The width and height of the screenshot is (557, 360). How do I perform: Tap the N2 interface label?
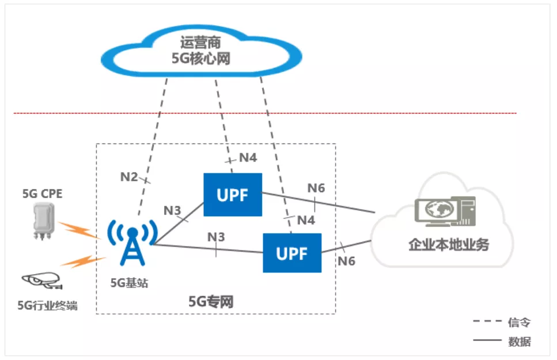pyautogui.click(x=129, y=177)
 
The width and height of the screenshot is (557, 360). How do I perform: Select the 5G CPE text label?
pyautogui.click(x=42, y=194)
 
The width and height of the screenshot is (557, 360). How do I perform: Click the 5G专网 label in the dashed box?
pyautogui.click(x=211, y=301)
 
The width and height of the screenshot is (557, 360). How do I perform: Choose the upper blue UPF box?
pyautogui.click(x=233, y=195)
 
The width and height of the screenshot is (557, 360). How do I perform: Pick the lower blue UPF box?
pyautogui.click(x=292, y=253)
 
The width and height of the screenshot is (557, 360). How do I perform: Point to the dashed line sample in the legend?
pyautogui.click(x=486, y=321)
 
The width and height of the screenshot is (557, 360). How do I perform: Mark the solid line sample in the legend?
pyautogui.click(x=486, y=341)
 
